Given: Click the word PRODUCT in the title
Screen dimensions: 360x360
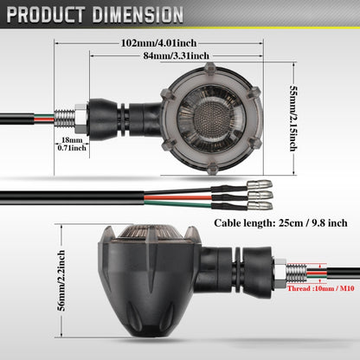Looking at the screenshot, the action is click(46, 15).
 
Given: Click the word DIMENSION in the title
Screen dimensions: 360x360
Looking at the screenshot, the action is click(138, 15).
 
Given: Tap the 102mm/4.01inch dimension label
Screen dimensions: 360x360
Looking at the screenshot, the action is click(158, 43).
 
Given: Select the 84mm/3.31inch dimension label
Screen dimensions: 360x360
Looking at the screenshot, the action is click(177, 55).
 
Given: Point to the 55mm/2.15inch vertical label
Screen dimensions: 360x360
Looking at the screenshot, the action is click(293, 119).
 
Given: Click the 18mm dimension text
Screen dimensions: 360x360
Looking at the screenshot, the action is click(72, 140).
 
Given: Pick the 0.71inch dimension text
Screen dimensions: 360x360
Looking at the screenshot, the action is click(72, 148).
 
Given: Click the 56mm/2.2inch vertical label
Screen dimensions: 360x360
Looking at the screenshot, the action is click(61, 280).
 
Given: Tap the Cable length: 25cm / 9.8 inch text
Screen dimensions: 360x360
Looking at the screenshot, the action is click(280, 223).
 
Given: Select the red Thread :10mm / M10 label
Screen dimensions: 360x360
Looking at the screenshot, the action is click(321, 288).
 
